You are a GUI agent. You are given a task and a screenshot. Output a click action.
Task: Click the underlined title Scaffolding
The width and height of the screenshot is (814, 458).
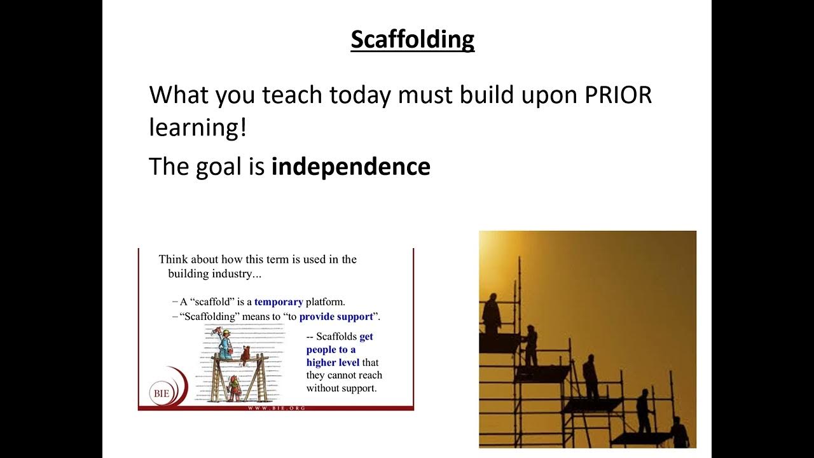coord(412,39)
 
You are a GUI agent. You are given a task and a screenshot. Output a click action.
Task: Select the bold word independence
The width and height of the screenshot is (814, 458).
coord(350,167)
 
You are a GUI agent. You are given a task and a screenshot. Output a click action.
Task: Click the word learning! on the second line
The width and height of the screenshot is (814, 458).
coord(197,128)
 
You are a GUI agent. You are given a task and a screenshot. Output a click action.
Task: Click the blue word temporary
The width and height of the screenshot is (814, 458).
coord(279,302)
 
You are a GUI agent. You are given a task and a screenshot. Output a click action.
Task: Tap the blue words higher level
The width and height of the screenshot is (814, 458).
coord(333,363)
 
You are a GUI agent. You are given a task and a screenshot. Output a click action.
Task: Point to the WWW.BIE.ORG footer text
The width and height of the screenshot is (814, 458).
coord(276,407)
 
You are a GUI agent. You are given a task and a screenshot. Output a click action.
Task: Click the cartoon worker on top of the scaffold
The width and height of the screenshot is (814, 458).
coord(224,343)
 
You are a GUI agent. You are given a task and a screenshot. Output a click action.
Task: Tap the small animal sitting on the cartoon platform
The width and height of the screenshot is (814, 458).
coord(244,353)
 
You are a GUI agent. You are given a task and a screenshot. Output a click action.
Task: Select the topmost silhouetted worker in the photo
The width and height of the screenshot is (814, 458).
coord(492,313)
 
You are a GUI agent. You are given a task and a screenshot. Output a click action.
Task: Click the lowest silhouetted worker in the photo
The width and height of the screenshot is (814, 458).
coord(679,433)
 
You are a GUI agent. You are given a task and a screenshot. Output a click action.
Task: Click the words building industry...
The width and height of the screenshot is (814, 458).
coord(214,275)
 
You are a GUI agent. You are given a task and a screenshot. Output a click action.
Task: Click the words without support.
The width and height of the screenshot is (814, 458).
coord(341,388)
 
